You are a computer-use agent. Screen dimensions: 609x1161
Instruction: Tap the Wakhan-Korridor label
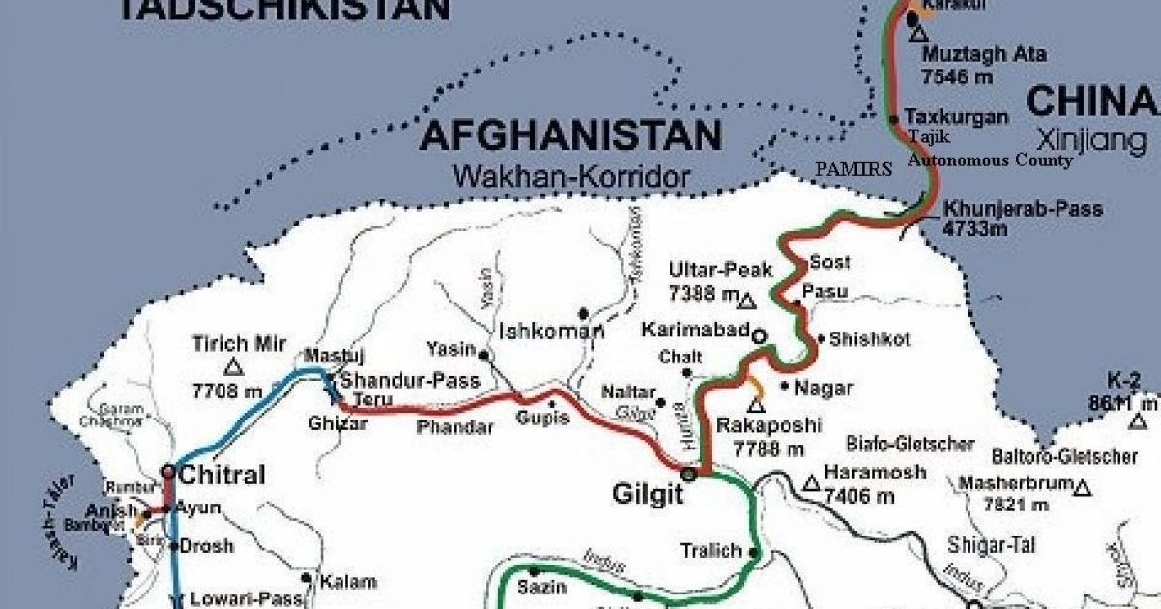571,177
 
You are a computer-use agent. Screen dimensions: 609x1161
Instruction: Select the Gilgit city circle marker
688,474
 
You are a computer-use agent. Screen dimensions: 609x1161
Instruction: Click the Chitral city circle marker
168,472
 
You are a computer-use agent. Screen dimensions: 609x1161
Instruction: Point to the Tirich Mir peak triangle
232,366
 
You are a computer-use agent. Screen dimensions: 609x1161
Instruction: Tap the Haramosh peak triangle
811,481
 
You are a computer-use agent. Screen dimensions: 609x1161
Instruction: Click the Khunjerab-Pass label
1023,209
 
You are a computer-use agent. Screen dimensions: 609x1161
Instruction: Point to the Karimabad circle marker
759,335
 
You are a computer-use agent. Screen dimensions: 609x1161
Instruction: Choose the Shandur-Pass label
409,381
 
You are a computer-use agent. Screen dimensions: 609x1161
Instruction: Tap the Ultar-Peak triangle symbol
746,302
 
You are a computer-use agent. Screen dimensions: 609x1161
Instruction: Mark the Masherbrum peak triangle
1084,488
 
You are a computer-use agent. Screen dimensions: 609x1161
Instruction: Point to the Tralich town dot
755,553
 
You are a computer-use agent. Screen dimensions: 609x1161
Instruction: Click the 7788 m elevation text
769,449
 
